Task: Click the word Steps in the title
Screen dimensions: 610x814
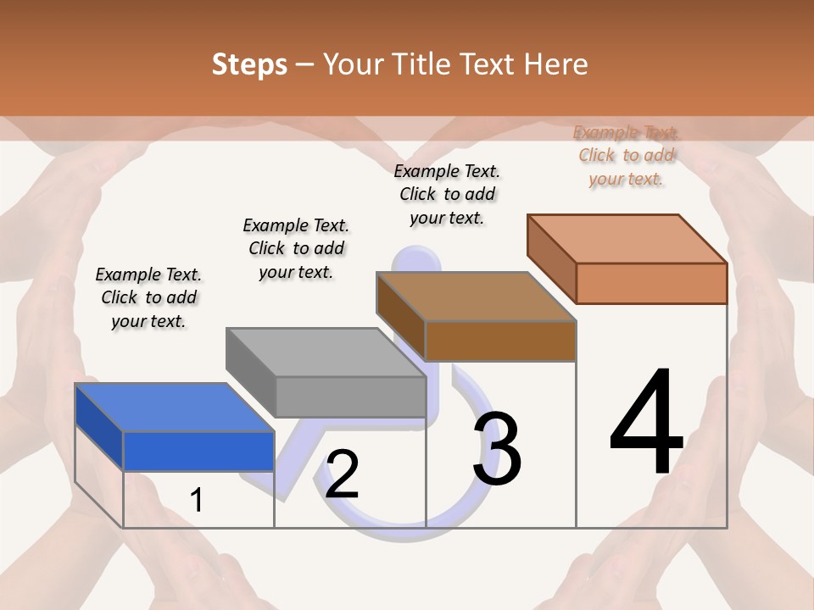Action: pos(249,64)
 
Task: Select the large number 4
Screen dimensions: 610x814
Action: pos(647,424)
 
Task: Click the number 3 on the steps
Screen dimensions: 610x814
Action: pos(497,448)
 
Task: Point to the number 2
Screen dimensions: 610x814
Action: pos(342,474)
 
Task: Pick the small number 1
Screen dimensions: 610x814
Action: pos(197,500)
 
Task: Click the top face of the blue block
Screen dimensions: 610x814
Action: pos(174,407)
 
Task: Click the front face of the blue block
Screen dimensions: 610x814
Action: pos(198,451)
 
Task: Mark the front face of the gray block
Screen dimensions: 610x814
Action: pos(350,396)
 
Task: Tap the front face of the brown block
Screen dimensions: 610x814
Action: pos(500,341)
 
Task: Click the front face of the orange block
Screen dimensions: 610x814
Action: pos(651,283)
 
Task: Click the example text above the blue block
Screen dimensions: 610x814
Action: pos(148,297)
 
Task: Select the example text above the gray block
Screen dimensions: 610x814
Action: pos(296,248)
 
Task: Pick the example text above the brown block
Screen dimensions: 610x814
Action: pos(447,194)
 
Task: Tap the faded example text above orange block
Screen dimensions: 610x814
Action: pos(626,155)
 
